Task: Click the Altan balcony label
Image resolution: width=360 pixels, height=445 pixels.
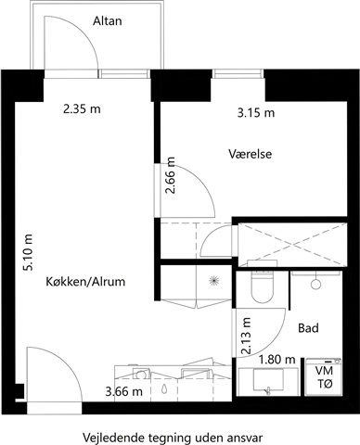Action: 108,21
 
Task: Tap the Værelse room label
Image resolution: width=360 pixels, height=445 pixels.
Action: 251,154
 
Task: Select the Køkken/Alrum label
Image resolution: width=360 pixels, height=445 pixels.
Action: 85,282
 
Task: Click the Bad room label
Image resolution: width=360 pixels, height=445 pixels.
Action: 308,328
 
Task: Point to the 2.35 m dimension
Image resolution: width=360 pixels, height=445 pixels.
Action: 82,108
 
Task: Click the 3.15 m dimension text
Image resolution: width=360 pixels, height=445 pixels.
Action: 256,113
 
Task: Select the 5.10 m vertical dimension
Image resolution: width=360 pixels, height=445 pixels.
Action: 28,252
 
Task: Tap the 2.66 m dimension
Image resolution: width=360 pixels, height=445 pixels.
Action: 170,175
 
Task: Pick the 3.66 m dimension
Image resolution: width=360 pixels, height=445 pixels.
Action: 124,392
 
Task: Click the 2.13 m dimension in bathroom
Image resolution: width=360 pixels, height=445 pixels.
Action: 247,336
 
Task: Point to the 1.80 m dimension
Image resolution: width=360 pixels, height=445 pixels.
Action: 277,360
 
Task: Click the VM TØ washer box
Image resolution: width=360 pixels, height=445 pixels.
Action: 324,376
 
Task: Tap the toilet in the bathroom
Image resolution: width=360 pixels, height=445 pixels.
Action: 262,286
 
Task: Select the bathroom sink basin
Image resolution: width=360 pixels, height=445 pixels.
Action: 268,380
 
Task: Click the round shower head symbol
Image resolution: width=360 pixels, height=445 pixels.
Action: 315,285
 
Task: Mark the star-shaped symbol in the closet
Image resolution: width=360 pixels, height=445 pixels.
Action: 214,281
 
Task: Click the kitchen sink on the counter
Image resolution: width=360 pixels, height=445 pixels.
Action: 141,374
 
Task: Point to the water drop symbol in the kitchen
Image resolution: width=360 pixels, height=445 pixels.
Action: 164,388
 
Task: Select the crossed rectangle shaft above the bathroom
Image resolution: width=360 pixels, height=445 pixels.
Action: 292,244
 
